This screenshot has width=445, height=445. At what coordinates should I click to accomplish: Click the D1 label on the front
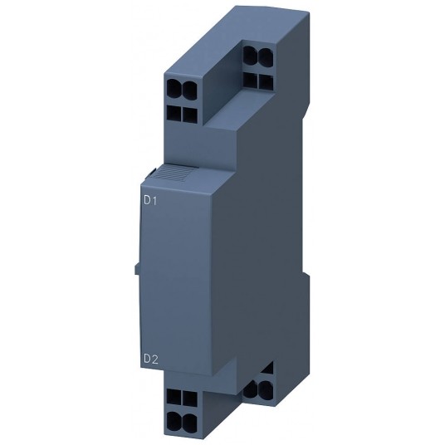tap(149, 200)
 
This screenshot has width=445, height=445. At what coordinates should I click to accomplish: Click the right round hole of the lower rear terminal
tap(263, 388)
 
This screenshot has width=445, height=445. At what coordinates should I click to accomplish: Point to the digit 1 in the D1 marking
tap(154, 200)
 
